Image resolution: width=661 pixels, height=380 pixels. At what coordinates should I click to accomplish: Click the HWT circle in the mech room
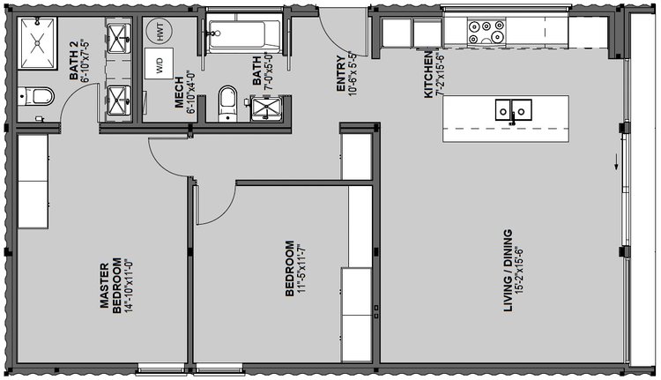tap(160, 32)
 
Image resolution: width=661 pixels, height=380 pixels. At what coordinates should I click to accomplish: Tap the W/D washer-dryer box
tap(159, 63)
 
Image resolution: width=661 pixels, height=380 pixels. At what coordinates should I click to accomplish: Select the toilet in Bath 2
tap(36, 97)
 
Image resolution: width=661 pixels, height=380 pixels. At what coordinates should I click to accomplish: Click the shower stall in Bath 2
tap(37, 43)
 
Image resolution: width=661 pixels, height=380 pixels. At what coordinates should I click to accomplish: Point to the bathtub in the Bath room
tap(243, 34)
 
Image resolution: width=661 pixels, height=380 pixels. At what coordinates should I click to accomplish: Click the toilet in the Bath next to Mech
tap(227, 103)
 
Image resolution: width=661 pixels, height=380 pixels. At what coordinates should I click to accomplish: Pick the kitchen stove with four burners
tap(486, 33)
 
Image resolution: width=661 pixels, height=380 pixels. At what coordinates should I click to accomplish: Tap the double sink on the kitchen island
tap(513, 110)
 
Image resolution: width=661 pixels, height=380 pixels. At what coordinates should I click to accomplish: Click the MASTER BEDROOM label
tap(111, 286)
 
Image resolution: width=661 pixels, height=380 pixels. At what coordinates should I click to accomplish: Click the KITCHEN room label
tap(428, 75)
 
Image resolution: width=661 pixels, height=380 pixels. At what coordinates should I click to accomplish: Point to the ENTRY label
tap(341, 73)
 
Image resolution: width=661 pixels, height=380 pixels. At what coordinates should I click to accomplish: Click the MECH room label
tap(179, 93)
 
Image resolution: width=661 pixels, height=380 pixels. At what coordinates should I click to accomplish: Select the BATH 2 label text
tap(74, 65)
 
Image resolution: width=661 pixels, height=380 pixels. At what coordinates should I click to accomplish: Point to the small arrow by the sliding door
tap(616, 161)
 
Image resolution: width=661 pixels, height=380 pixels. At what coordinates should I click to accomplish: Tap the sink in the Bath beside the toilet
tap(265, 108)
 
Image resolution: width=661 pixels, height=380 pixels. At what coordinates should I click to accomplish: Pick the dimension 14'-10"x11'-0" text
tap(128, 286)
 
